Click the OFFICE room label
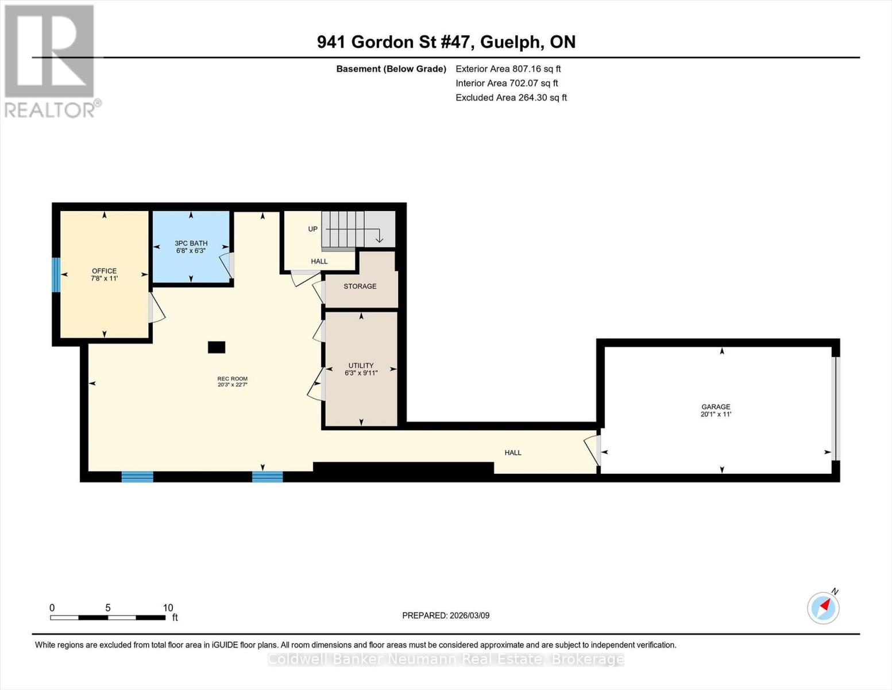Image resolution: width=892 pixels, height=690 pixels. pos(104,274)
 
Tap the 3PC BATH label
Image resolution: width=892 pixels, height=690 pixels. pos(191,247)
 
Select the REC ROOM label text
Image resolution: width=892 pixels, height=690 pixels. pos(232,382)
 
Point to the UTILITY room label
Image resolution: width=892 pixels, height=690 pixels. pos(361,369)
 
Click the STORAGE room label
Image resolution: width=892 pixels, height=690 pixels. pos(360,286)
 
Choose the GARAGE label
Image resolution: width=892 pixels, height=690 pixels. pos(716,410)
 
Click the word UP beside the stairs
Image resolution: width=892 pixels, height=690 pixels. pos(312,229)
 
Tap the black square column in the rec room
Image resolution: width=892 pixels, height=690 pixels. pos(217,347)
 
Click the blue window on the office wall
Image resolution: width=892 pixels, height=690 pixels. pos(56,274)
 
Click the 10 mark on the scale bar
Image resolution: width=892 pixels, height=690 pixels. pos(168,608)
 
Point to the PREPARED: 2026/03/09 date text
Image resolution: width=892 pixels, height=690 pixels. pos(446,615)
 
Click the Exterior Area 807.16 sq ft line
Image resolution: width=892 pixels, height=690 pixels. pos(508,68)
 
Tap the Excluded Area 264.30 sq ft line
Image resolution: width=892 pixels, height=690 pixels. pos(511,97)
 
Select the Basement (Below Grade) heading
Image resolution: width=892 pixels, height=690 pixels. pos(391,68)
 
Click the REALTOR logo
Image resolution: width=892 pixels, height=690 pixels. pos(51,61)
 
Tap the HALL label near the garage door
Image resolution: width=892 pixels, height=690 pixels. pos(513,453)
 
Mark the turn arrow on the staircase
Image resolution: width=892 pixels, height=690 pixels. pos(379,237)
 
